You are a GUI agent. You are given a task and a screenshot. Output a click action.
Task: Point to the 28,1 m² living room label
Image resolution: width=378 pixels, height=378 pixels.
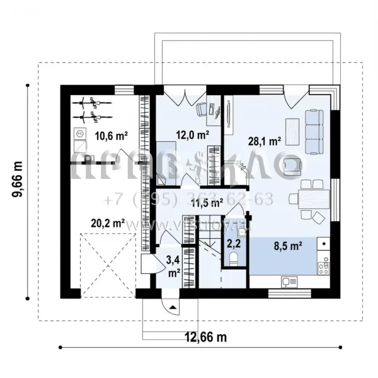pyautogui.click(x=266, y=142)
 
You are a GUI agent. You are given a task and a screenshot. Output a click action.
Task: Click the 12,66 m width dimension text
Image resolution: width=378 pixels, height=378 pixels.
pyautogui.click(x=205, y=338)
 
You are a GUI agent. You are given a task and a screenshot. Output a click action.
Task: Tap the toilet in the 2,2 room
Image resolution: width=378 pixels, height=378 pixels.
pyautogui.click(x=234, y=258)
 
